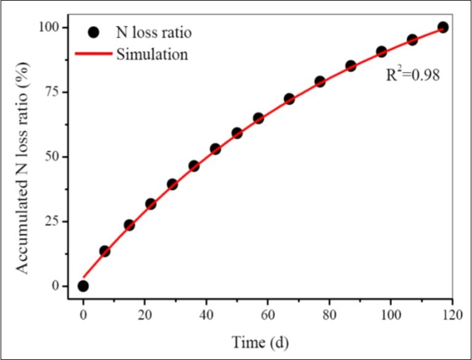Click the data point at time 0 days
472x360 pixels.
click(x=83, y=286)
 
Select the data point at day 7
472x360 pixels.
click(x=105, y=251)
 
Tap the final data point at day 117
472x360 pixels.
click(x=443, y=27)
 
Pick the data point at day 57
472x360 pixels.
click(x=258, y=118)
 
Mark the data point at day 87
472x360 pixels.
click(x=351, y=66)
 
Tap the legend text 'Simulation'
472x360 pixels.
click(x=151, y=54)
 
